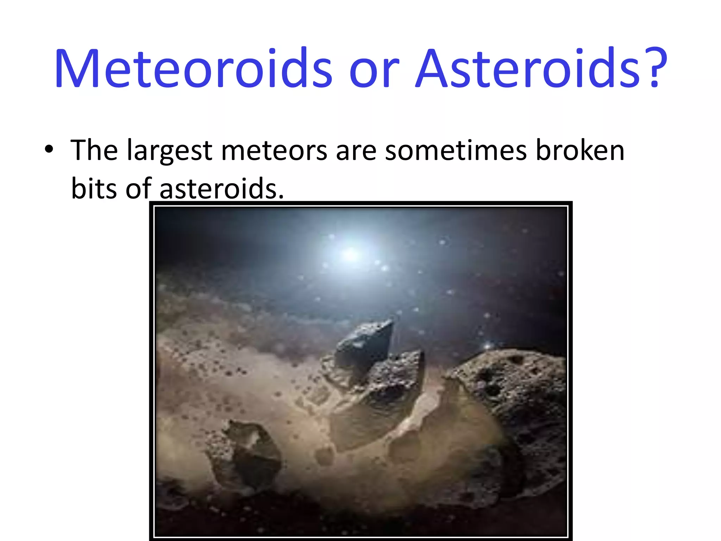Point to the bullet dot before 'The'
pos(49,149)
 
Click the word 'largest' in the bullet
pos(169,151)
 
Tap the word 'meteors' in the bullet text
pos(274,151)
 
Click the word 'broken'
pos(580,150)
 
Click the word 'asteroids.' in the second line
pos(221,189)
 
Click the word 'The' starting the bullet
pos(94,150)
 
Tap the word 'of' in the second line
pos(139,188)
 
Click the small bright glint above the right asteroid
pos(487,346)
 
